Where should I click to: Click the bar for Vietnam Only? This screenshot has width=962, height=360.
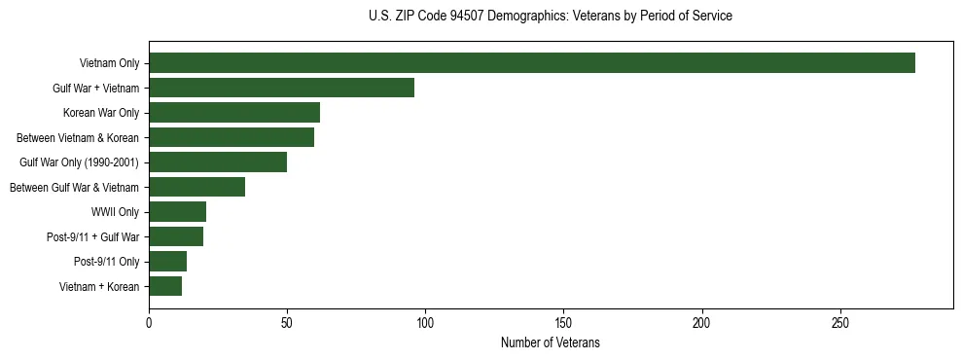(532, 63)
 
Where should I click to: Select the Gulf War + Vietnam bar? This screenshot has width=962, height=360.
(282, 88)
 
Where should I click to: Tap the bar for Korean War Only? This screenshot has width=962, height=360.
(234, 113)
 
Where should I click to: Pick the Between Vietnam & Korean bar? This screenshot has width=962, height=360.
(232, 137)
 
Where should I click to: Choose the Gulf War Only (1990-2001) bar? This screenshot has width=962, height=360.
(218, 162)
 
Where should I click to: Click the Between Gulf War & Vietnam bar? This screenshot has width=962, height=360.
(197, 187)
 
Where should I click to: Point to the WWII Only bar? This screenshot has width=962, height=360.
(178, 212)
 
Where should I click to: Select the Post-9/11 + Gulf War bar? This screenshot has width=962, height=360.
(176, 236)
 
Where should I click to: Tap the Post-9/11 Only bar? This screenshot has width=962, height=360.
(168, 262)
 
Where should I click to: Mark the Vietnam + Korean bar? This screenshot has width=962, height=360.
(165, 286)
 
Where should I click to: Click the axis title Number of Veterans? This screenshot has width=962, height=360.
(551, 343)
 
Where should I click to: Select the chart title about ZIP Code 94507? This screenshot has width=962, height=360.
(551, 17)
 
